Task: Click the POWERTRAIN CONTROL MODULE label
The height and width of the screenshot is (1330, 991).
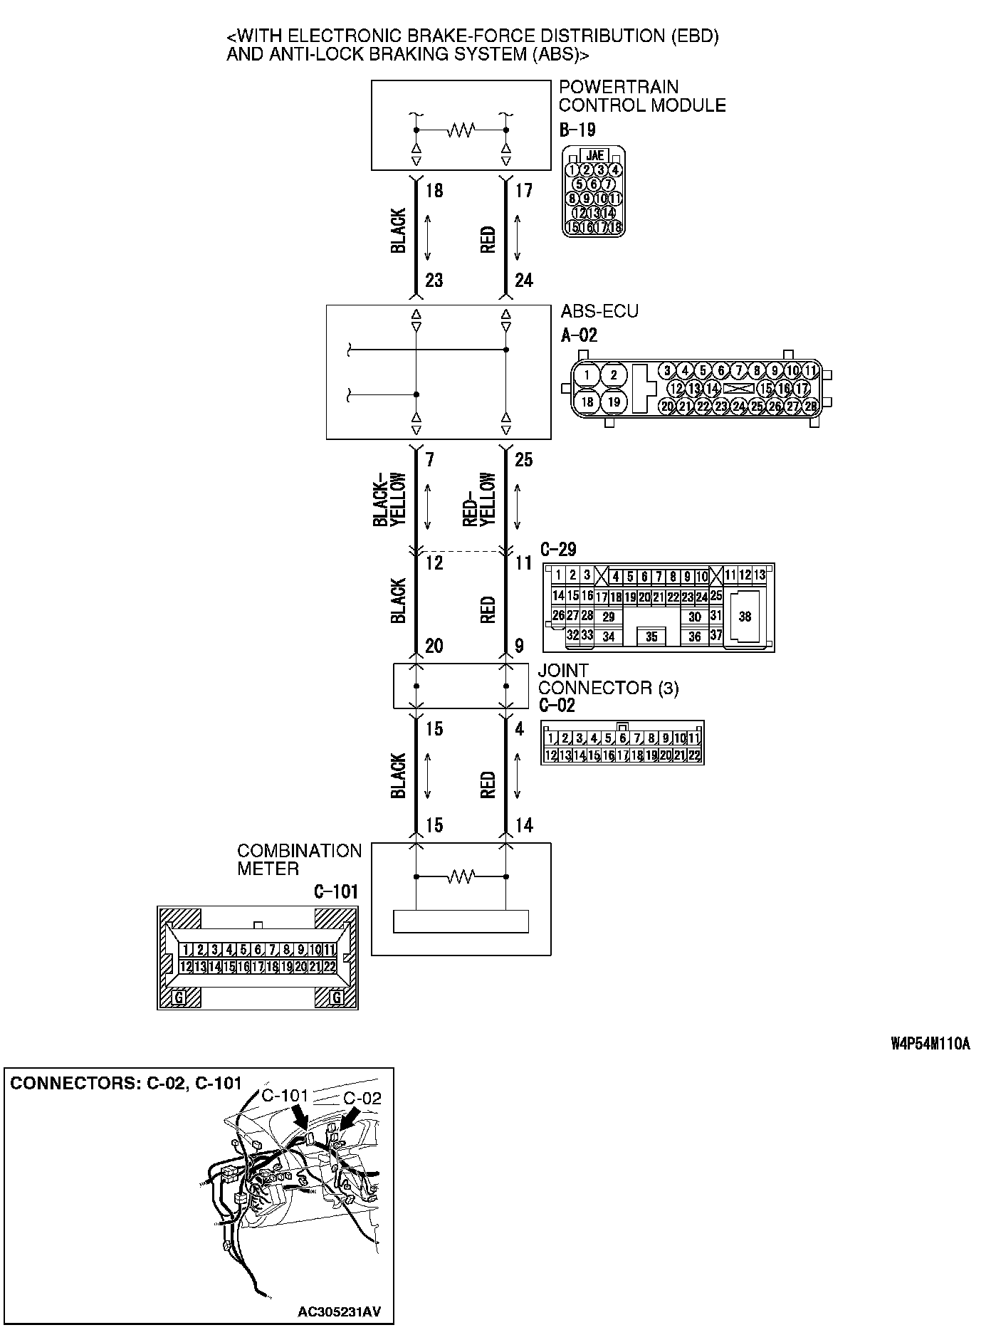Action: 641,96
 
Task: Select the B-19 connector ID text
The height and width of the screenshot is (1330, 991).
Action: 577,130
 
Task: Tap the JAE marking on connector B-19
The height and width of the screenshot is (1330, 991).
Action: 594,155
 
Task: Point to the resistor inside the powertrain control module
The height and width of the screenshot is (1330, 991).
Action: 461,130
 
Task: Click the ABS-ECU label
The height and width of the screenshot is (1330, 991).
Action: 599,311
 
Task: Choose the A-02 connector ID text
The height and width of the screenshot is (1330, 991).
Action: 579,335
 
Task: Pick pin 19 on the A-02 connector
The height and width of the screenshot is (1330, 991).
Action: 614,402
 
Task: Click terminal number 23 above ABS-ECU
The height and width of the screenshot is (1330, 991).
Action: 434,281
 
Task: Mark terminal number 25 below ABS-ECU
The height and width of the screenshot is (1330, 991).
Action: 523,460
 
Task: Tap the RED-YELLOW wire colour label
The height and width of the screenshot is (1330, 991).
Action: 479,500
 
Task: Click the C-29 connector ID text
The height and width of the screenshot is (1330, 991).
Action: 558,550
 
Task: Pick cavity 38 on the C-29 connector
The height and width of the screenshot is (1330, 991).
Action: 745,617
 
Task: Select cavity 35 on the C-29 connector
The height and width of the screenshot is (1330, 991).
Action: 652,637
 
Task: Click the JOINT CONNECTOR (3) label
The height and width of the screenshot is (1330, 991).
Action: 607,680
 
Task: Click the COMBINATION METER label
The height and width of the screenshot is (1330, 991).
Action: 299,860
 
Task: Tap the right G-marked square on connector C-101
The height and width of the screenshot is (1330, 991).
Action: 336,998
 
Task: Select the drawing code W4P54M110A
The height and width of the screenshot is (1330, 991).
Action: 930,1044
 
